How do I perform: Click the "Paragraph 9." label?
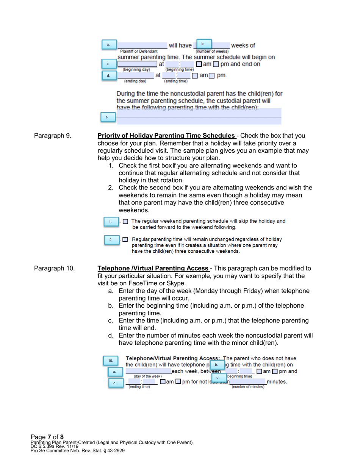(52, 136)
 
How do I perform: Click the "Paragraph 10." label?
(54, 269)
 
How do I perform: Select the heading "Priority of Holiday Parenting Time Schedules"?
(166, 136)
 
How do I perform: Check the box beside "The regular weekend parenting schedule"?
(126, 222)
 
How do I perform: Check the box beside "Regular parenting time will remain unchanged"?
(126, 239)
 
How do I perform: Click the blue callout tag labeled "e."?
(107, 117)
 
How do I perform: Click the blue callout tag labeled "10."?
(111, 361)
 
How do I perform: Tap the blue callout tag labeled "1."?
(110, 222)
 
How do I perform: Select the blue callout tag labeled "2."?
(111, 240)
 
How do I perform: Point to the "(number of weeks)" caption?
(212, 51)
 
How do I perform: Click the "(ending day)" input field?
(136, 75)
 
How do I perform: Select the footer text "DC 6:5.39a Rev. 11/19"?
(54, 447)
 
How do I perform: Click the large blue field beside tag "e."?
(199, 116)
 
